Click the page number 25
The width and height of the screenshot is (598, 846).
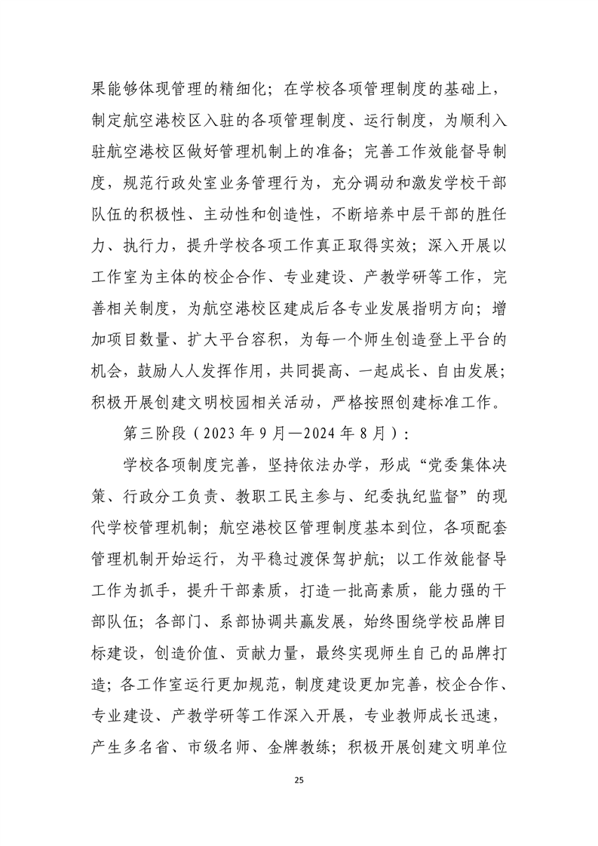click(299, 777)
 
